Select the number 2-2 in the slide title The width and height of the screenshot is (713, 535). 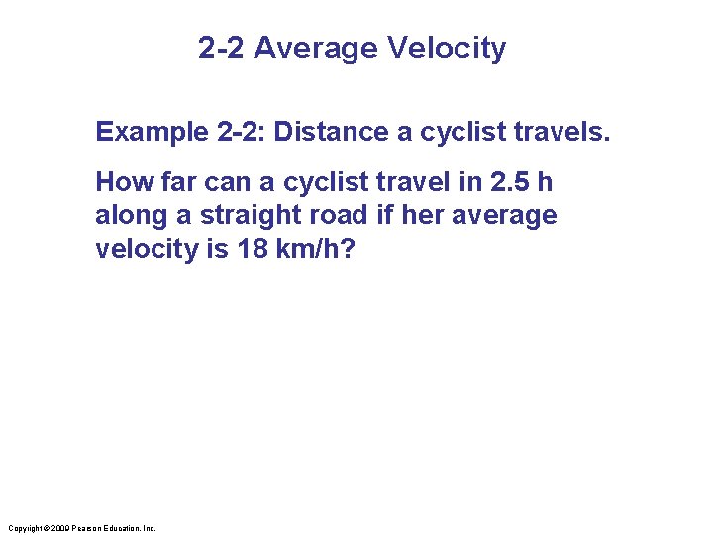coord(222,48)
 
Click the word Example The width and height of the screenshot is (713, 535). coord(148,132)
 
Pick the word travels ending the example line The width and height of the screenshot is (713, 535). coord(563,132)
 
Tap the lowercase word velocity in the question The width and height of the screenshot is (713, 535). coord(148,248)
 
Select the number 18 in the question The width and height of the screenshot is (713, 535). coord(253,248)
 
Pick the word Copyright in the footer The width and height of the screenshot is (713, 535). coord(23,528)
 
